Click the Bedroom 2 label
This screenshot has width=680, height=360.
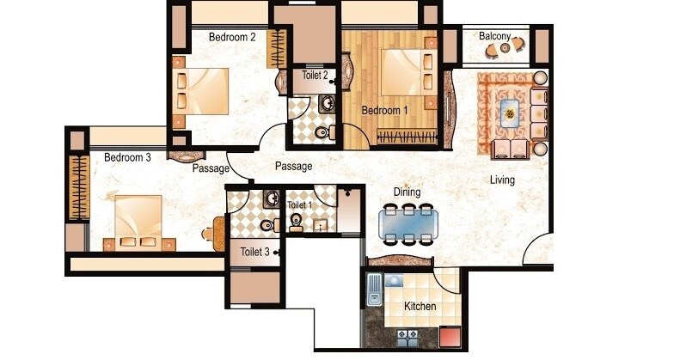point(233,37)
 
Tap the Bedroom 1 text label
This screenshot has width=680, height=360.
point(384,111)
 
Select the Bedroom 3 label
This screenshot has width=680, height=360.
point(128,157)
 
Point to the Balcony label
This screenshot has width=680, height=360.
point(495,37)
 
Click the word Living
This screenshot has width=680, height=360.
point(503,180)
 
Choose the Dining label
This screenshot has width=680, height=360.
point(407,192)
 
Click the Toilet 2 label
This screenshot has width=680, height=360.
point(315,76)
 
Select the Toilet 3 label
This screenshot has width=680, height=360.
point(254,252)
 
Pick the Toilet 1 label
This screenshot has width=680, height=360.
point(300,206)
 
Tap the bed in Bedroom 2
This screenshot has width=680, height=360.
point(203,90)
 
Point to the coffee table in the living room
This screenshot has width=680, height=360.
point(511,111)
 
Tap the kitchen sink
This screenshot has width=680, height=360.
point(374,290)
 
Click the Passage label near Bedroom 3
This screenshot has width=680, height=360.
point(211,168)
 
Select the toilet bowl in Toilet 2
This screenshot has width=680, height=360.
point(321,132)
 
